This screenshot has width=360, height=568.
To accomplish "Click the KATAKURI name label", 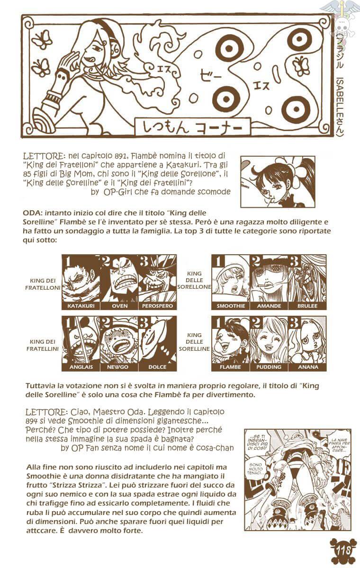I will pos(81,306).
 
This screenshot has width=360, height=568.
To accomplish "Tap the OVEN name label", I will pos(119,306).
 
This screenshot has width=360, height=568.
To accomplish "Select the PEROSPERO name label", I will pos(157,306).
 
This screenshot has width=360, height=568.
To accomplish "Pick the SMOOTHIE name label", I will pos(231,306).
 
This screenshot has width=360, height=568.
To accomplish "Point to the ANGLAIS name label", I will pos(81,367).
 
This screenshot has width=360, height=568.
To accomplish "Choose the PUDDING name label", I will pos(269,367).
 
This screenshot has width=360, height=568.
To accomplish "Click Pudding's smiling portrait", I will pos(269,339).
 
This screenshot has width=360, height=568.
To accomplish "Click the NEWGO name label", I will pos(119,367).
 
